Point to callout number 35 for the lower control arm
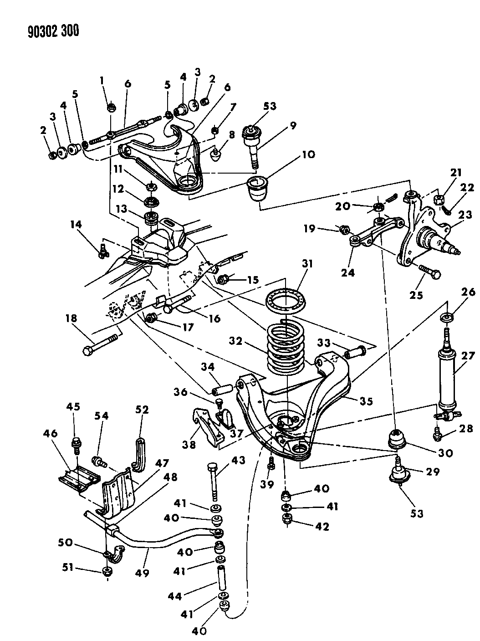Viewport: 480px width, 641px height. (x=366, y=401)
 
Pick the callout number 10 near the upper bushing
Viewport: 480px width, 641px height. (x=307, y=154)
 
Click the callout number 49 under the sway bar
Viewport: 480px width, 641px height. (x=142, y=573)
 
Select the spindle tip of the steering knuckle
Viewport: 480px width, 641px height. (x=455, y=250)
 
